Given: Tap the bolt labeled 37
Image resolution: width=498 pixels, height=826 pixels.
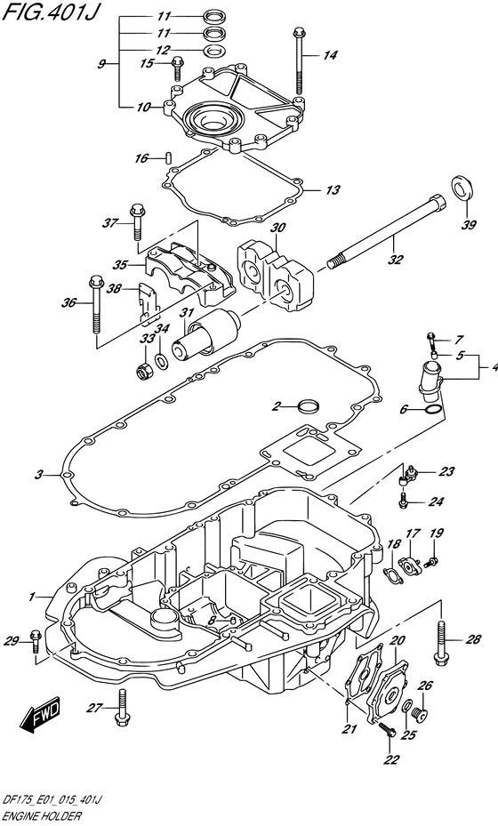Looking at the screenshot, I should point(136,221).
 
